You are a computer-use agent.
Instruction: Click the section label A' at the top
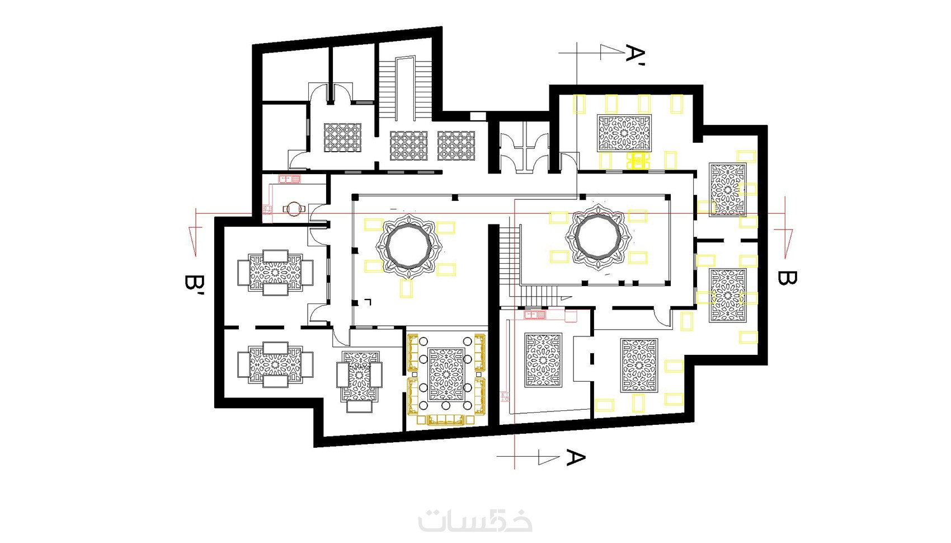(x=635, y=55)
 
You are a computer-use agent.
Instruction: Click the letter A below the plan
(x=576, y=457)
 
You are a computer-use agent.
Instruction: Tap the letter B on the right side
(x=787, y=278)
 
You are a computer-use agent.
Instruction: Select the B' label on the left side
(x=194, y=286)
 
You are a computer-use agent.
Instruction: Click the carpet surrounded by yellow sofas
(x=446, y=374)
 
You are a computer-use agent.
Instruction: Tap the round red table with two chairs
(x=294, y=209)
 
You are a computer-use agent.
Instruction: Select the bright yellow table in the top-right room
(x=638, y=161)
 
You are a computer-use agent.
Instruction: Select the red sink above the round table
(x=290, y=179)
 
